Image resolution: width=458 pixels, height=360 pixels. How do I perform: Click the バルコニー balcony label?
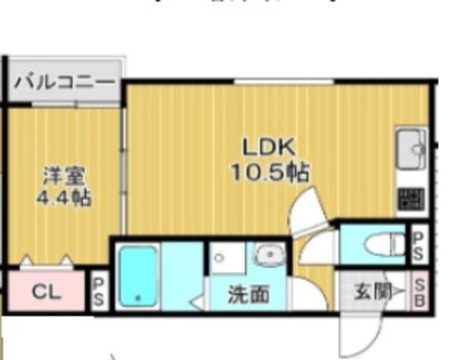(x=64, y=81)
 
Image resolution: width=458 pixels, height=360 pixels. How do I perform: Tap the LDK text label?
(x=268, y=147)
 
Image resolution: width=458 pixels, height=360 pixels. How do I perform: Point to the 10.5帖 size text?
(x=268, y=172)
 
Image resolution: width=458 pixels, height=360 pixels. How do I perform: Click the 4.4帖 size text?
(x=63, y=198)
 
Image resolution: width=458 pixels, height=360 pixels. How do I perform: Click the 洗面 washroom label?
(x=248, y=293)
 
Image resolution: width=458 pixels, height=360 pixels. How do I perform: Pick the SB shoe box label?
(x=419, y=291)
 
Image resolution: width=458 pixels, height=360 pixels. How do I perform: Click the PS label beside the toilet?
(x=419, y=244)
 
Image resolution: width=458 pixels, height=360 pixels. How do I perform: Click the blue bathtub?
(x=137, y=276)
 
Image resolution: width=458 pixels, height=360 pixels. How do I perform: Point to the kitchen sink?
(x=411, y=147)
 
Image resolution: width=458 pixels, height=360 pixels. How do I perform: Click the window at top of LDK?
(x=280, y=82)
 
